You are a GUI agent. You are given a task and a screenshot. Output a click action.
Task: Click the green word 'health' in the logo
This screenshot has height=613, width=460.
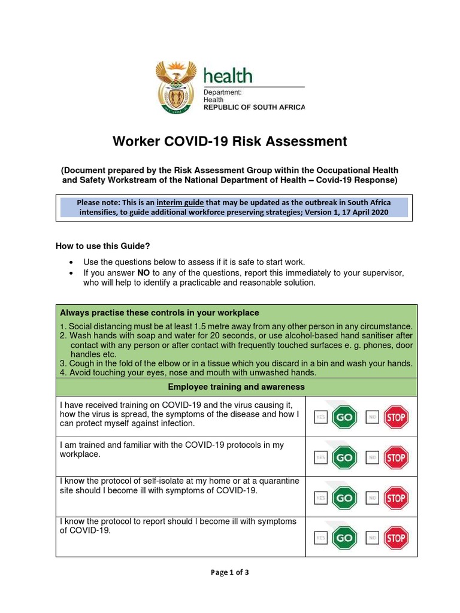pos(228,76)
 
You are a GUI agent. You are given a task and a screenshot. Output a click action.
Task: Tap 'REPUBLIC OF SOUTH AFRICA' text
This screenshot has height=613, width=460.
pos(254,108)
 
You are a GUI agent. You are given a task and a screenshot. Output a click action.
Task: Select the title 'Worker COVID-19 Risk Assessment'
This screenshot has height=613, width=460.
pos(230,141)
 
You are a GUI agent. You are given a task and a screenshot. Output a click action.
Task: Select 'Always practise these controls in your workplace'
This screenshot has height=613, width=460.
pos(159,313)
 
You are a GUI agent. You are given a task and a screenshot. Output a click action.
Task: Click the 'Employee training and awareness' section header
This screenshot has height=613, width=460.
pos(236,387)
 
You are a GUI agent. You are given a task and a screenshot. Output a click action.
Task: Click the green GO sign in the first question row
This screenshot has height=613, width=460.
pos(344,417)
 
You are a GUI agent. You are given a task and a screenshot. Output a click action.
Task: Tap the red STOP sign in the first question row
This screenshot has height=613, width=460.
pos(395,417)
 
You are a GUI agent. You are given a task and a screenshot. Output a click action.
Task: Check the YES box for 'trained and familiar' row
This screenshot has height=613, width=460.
pos(320,458)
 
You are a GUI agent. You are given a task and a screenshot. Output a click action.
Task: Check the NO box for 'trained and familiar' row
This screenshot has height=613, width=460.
pos(372,458)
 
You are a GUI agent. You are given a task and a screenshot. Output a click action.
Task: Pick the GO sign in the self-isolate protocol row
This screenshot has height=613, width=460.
pos(344,498)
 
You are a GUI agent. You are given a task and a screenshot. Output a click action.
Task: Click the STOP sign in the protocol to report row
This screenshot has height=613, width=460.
pos(395,538)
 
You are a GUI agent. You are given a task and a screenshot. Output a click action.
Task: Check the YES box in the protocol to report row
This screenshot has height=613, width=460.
pos(320,538)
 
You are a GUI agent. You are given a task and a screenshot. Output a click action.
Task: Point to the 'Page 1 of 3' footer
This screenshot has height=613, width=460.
pos(229,572)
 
